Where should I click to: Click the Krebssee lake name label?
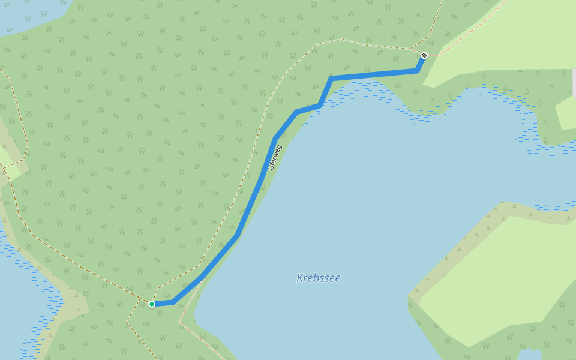click(319, 278)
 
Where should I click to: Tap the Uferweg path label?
click(275, 157)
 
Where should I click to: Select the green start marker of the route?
click(152, 304)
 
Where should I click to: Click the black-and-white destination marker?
click(424, 55)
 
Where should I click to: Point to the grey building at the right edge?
click(574, 83)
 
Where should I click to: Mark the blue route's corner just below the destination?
click(418, 71)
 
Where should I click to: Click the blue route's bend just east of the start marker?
click(174, 302)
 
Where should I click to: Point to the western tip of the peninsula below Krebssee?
click(410, 296)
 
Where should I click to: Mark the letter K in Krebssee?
click(300, 278)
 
